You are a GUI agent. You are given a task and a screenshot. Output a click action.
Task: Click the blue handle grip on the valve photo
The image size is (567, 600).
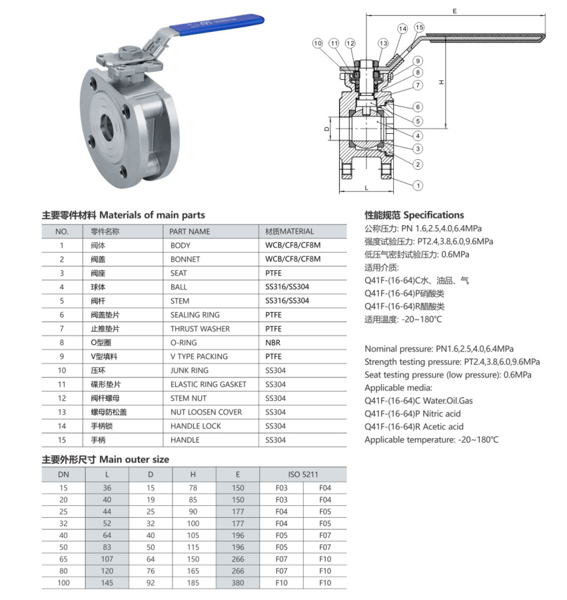(x=217, y=25)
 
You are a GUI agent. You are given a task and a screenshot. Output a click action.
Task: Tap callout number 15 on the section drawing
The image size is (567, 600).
(x=419, y=27)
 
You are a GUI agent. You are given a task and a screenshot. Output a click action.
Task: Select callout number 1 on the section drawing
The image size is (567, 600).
(x=417, y=185)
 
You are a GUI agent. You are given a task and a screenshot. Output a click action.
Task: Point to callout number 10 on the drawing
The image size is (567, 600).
(x=317, y=43)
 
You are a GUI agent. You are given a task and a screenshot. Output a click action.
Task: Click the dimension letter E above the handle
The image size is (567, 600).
(x=455, y=11)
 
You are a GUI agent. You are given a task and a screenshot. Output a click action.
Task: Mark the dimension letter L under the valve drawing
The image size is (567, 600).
(x=366, y=188)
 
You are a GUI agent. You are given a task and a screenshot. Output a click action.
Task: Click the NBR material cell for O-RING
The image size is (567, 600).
(x=272, y=343)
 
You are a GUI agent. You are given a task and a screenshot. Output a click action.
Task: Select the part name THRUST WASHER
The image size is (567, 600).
(x=201, y=328)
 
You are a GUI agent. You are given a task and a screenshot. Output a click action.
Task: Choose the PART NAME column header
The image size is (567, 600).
(x=189, y=232)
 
